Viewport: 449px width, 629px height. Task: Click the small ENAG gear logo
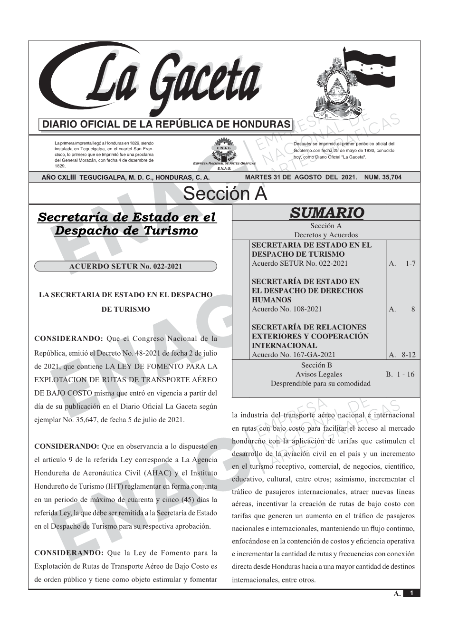pyautogui.click(x=223, y=147)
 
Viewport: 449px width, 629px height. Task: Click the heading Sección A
pyautogui.click(x=225, y=194)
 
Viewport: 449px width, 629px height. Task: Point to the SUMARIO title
pyautogui.click(x=326, y=213)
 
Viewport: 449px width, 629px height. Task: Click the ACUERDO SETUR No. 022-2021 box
pyautogui.click(x=125, y=266)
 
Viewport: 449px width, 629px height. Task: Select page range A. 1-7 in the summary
pyautogui.click(x=402, y=263)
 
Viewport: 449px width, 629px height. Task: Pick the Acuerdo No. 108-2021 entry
pyautogui.click(x=287, y=309)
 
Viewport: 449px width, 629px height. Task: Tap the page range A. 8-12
pyautogui.click(x=402, y=355)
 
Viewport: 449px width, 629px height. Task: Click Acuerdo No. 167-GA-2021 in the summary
pyautogui.click(x=293, y=355)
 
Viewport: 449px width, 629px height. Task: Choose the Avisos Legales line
pyautogui.click(x=318, y=374)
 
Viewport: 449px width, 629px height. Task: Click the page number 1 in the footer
pyautogui.click(x=411, y=593)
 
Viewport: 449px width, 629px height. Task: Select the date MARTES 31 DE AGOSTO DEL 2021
pyautogui.click(x=300, y=177)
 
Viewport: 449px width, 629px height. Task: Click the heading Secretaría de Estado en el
pyautogui.click(x=126, y=217)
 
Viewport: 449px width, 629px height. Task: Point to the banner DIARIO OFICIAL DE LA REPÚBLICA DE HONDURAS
pyautogui.click(x=166, y=125)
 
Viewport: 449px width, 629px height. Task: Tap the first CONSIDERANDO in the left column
pyautogui.click(x=68, y=339)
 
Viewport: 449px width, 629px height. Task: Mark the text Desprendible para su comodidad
pyautogui.click(x=320, y=383)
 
